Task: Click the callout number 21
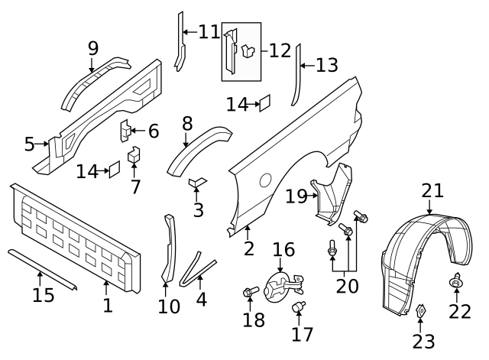432,190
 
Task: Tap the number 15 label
44,294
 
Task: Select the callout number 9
93,48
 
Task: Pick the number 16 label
283,250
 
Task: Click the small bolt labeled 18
250,291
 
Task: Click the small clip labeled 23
420,310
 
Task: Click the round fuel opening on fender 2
264,180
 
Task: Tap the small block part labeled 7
134,156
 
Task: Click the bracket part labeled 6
125,131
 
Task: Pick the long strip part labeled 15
41,268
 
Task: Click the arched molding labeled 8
197,146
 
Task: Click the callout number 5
30,144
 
